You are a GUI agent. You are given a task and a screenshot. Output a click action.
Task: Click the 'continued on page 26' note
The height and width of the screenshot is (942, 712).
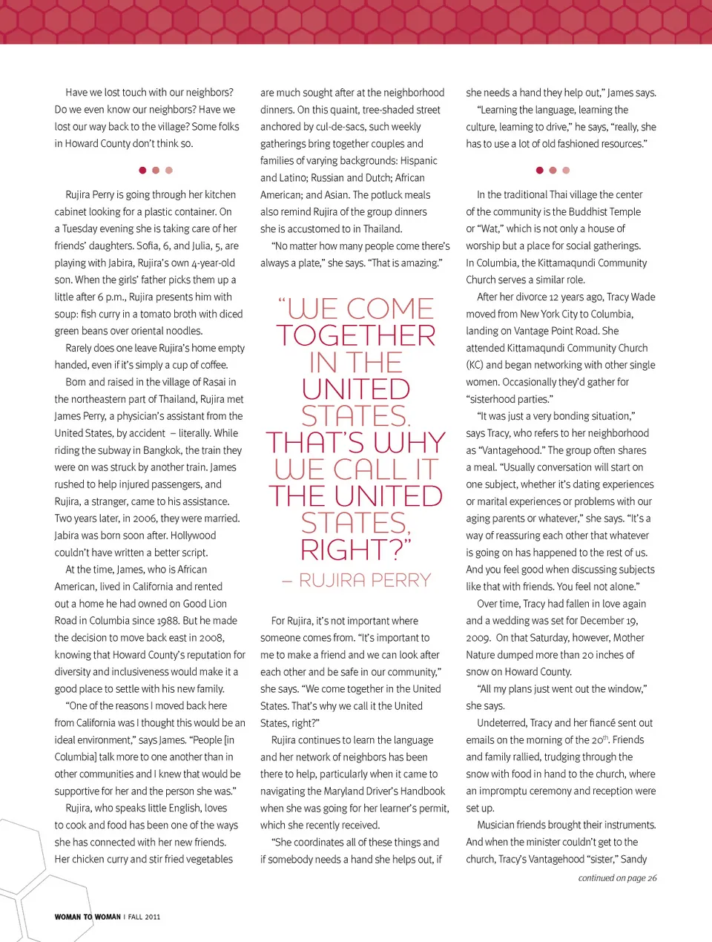click(x=617, y=878)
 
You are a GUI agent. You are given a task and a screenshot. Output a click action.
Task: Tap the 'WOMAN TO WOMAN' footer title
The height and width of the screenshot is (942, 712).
click(x=88, y=918)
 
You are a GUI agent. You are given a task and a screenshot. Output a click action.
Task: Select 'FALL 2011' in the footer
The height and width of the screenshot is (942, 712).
click(x=144, y=918)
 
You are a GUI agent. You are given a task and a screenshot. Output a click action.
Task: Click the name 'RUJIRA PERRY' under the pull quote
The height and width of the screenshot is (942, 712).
click(x=364, y=580)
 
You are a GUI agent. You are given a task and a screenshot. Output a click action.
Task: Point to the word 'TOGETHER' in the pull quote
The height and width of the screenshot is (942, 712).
click(x=356, y=336)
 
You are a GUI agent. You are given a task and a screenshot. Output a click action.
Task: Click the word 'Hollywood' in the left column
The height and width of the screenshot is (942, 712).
click(x=193, y=536)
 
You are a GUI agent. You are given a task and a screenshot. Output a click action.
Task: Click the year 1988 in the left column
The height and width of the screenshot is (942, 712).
click(x=166, y=621)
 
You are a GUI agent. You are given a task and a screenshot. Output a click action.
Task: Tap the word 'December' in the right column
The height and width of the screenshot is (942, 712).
click(x=601, y=621)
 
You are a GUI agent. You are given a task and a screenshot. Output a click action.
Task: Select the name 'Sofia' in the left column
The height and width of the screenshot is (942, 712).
click(x=148, y=246)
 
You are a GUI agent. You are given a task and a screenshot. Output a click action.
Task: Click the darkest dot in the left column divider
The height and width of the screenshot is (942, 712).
click(x=142, y=171)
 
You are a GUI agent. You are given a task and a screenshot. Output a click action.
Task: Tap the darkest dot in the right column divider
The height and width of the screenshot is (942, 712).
click(x=540, y=171)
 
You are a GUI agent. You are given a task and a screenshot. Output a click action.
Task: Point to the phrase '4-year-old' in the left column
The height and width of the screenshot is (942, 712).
click(x=212, y=263)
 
